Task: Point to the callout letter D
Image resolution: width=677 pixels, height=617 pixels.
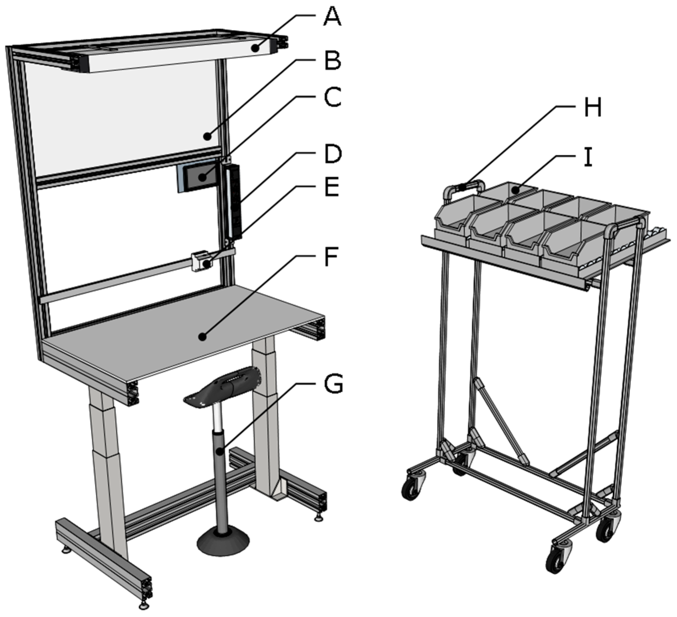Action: point(333,154)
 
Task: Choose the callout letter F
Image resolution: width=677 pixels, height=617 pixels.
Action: point(332,257)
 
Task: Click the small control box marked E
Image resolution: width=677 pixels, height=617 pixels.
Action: point(201,261)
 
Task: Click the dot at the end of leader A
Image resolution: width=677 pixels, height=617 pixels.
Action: point(256,49)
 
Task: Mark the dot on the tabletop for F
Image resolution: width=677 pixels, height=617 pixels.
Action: point(202,337)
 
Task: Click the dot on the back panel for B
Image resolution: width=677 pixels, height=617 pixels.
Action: point(207,137)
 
